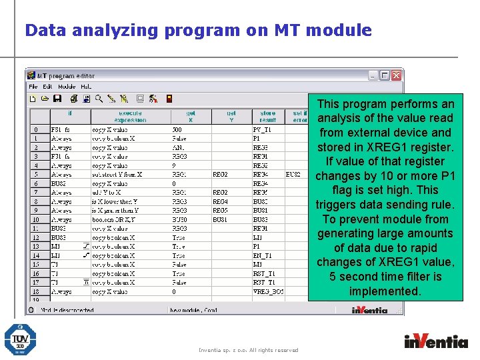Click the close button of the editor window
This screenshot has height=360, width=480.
click(x=396, y=75)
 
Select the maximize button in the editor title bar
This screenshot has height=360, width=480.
click(x=385, y=75)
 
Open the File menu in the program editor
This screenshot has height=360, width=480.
click(x=33, y=87)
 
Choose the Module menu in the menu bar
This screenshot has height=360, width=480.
click(x=67, y=87)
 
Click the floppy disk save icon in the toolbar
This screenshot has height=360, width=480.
click(x=57, y=99)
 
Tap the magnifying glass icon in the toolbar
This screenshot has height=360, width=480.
click(x=99, y=99)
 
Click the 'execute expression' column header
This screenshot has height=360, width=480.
click(x=130, y=117)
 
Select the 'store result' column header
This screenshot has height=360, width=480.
click(x=267, y=117)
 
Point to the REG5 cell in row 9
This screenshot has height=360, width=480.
click(x=219, y=211)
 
